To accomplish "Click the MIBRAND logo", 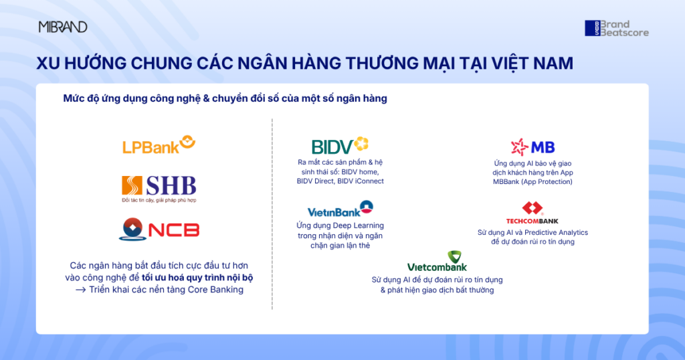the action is point(63,27).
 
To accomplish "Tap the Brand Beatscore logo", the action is point(617,28).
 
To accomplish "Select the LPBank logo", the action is point(159,145).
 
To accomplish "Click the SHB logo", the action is point(159,189).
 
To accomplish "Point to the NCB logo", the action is point(159,230).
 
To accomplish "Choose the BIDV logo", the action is point(340,146).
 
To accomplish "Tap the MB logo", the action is point(532,147).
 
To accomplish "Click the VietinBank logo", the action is point(340,209).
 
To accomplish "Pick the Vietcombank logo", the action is point(437,261).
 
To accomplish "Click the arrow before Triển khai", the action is point(80,290).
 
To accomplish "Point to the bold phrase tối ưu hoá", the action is point(163,278).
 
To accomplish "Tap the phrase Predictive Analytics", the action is point(556,232).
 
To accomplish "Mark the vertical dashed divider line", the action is point(272,214).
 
